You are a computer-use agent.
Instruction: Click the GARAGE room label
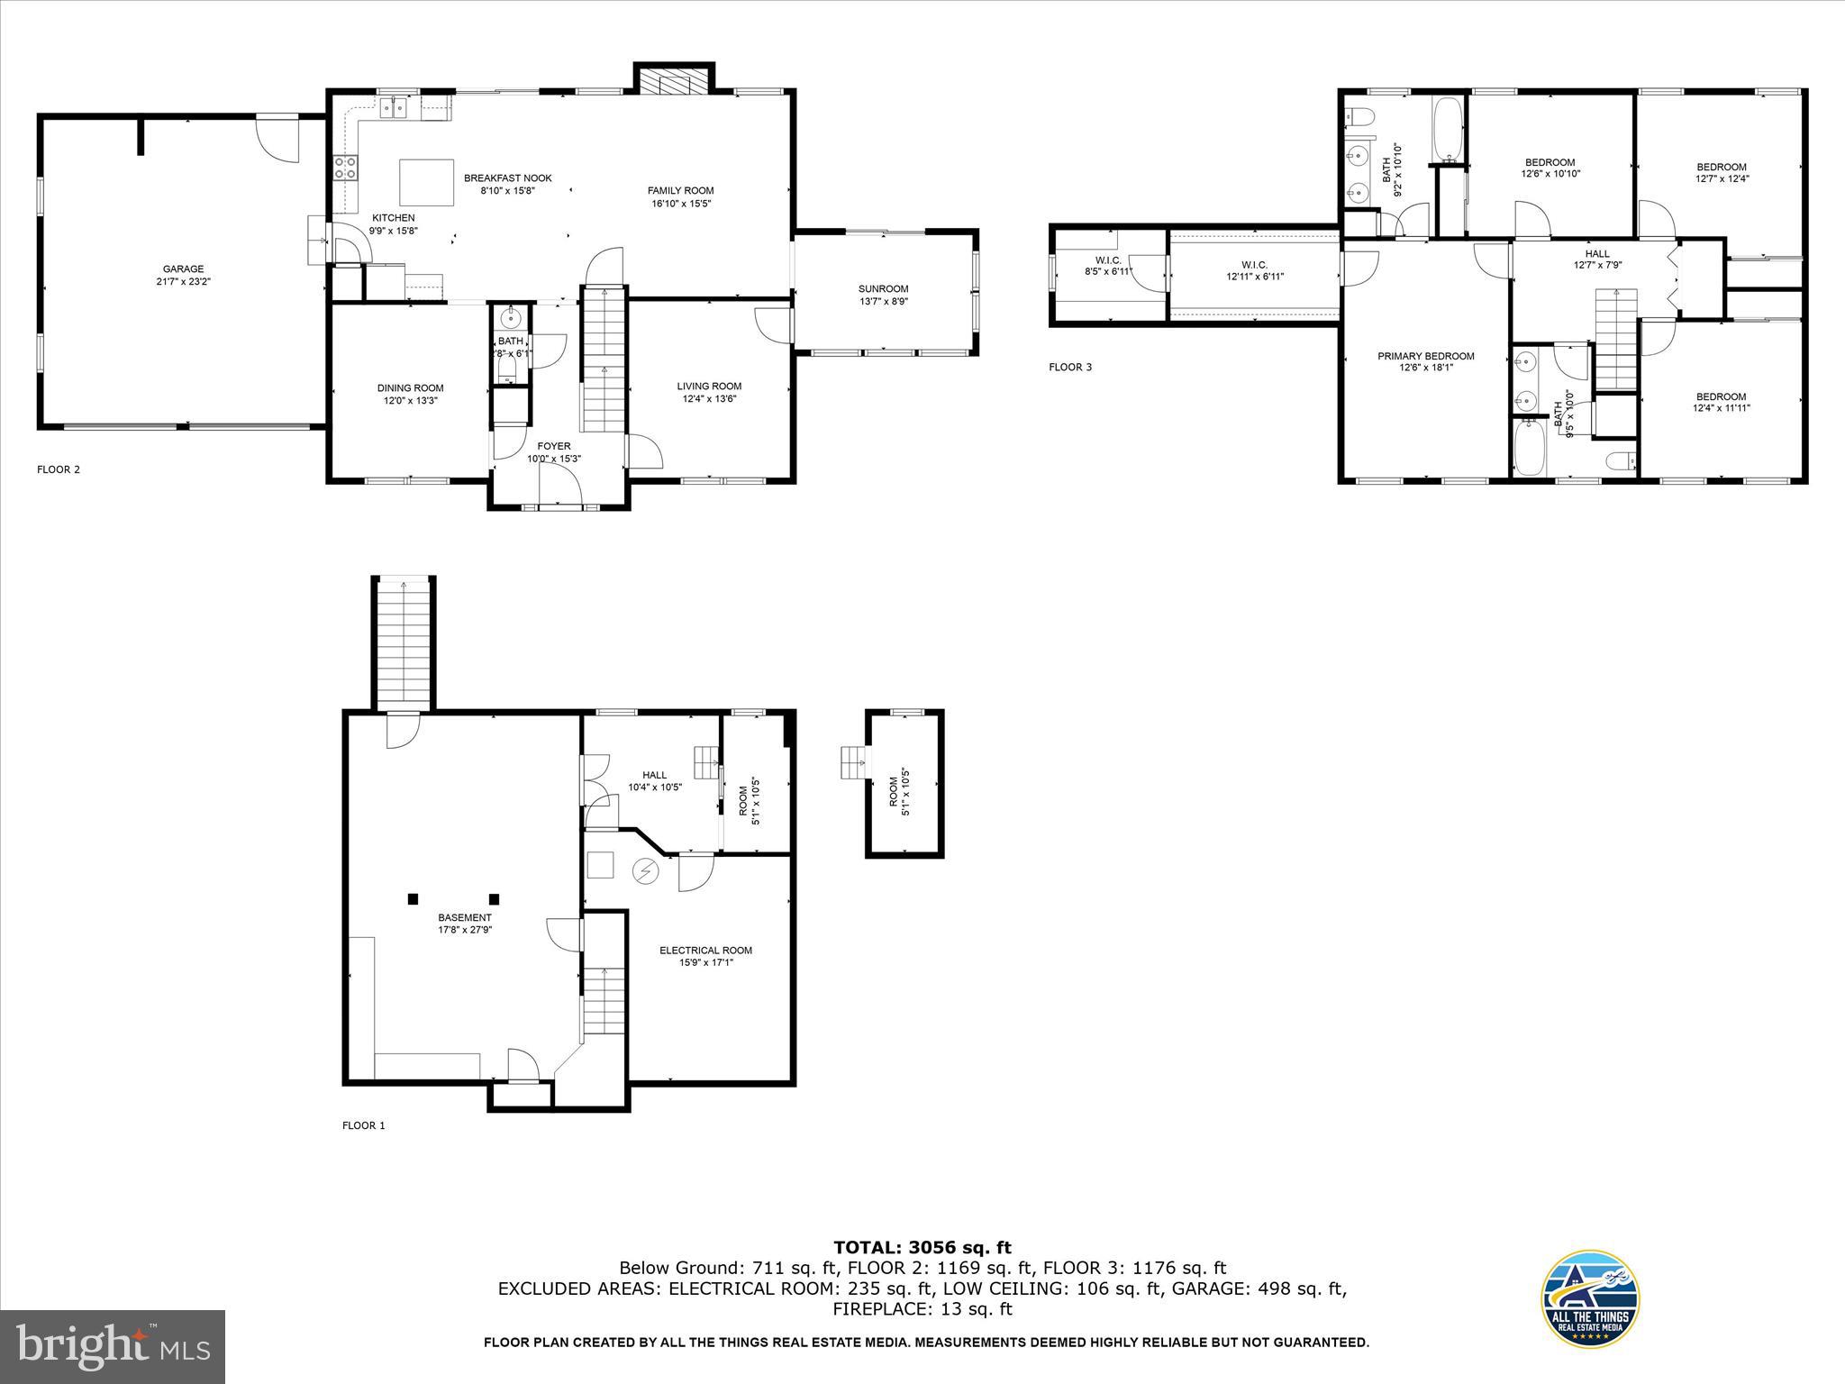pyautogui.click(x=183, y=269)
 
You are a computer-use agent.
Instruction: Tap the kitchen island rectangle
pyautogui.click(x=426, y=183)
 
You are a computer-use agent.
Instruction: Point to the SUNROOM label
pyautogui.click(x=883, y=289)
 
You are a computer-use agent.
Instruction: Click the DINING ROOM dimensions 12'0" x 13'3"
pyautogui.click(x=410, y=401)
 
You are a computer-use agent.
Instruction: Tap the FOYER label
pyautogui.click(x=553, y=446)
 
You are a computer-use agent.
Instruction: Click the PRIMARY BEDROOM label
pyautogui.click(x=1425, y=356)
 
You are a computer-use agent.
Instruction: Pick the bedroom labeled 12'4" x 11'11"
pyautogui.click(x=1721, y=402)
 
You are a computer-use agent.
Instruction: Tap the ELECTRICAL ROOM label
pyautogui.click(x=705, y=950)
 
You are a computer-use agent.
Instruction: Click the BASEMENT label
pyautogui.click(x=465, y=917)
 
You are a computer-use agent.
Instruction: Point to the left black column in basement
pyautogui.click(x=414, y=898)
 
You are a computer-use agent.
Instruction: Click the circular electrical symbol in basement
pyautogui.click(x=645, y=871)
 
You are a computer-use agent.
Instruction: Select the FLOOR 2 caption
pyautogui.click(x=59, y=469)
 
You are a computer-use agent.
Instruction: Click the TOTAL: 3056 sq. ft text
pyautogui.click(x=922, y=1247)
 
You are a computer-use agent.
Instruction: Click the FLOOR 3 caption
pyautogui.click(x=1070, y=367)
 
